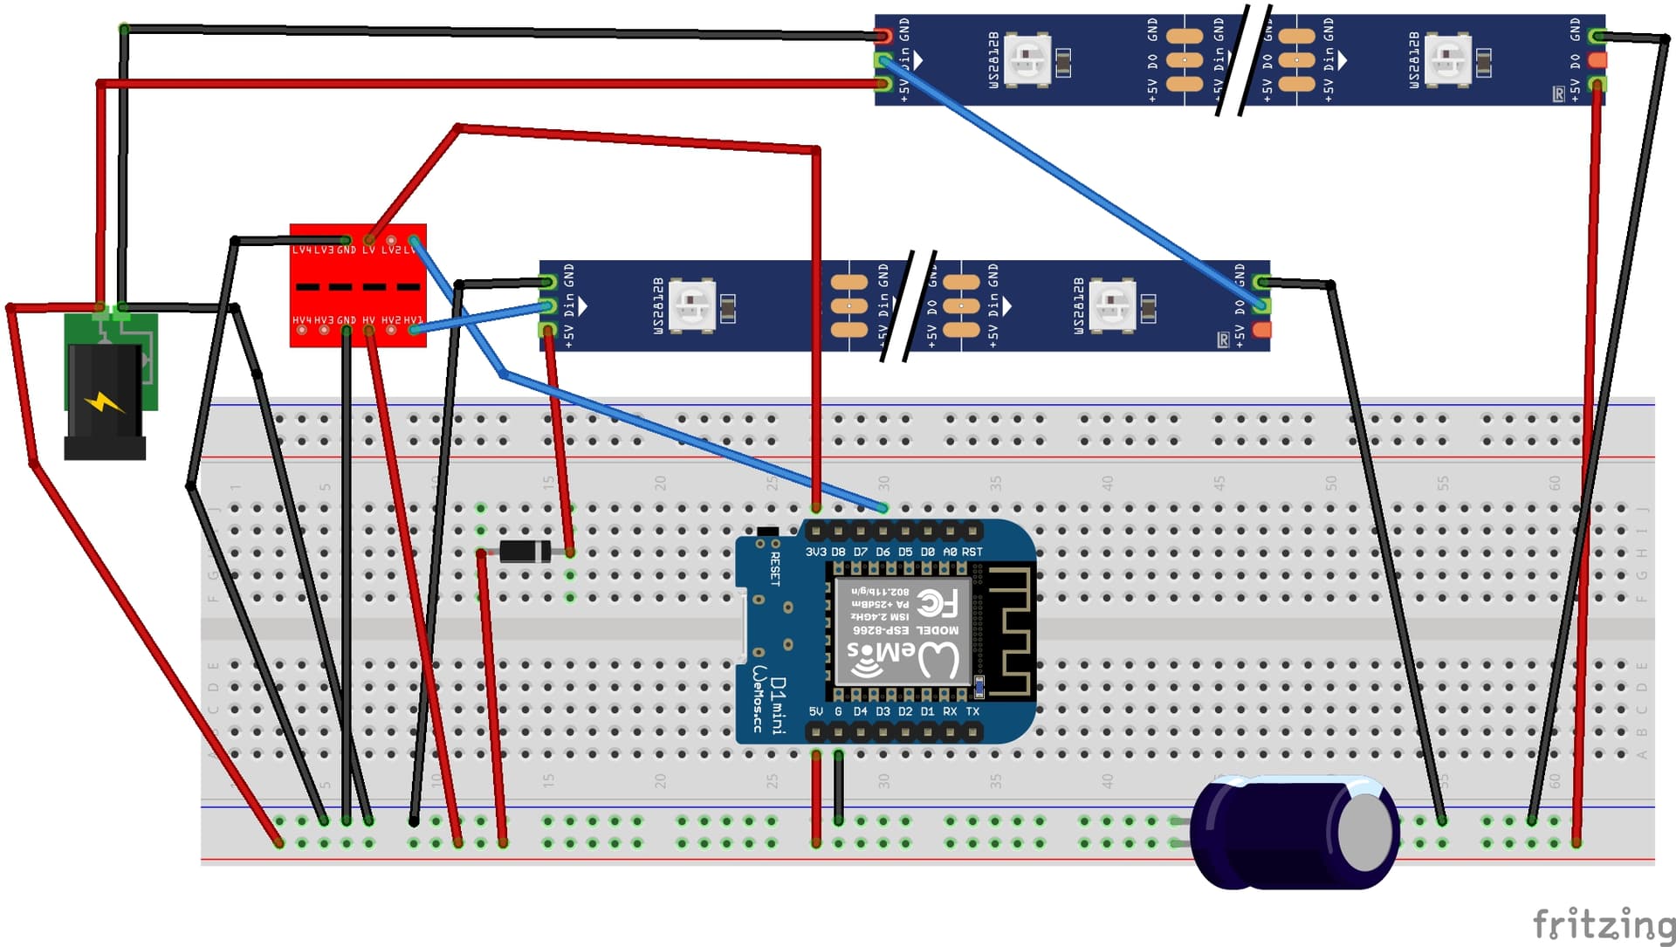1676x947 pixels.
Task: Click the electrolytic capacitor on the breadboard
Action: [1296, 834]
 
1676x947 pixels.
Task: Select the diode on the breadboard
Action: [524, 552]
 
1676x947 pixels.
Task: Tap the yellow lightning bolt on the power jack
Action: [105, 403]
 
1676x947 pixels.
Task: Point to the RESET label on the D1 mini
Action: [775, 567]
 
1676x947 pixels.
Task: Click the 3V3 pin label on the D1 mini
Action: [815, 552]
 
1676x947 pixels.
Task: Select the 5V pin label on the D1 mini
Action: [815, 711]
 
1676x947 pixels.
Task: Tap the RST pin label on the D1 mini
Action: [972, 552]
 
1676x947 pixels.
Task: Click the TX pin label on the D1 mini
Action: [972, 711]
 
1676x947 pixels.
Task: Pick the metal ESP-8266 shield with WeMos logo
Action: [903, 629]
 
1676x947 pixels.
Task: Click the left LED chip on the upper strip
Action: [1027, 59]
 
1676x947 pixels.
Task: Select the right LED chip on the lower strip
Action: [1113, 305]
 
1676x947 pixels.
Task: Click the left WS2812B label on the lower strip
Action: [658, 305]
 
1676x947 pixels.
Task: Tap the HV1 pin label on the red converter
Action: [414, 320]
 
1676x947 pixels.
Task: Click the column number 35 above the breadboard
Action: [995, 482]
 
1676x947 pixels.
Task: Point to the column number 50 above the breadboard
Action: [1330, 482]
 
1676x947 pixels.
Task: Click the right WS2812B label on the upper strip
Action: [1414, 59]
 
